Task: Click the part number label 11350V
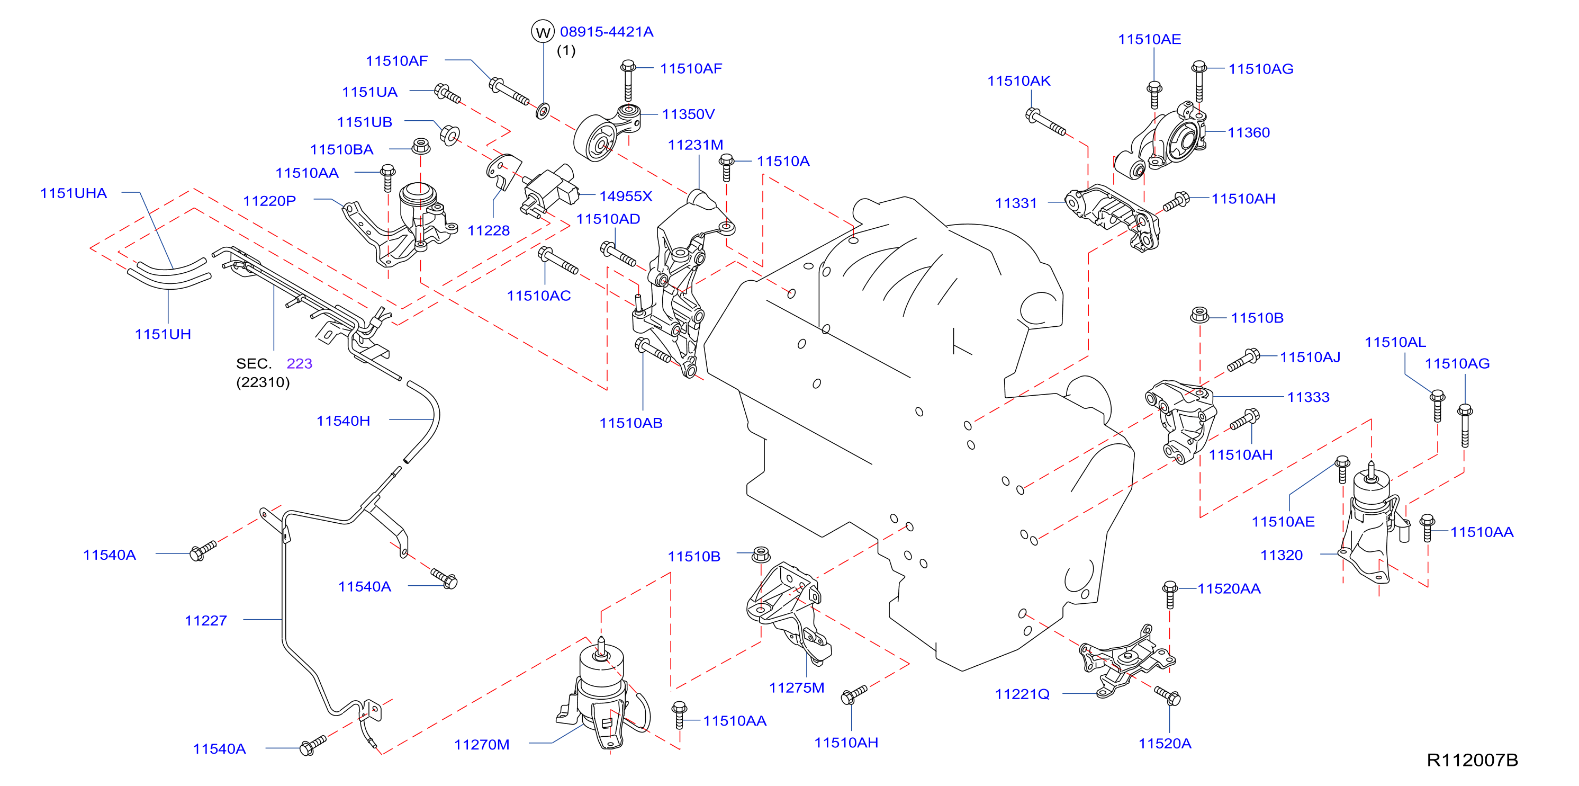click(x=688, y=114)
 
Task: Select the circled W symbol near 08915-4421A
click(x=543, y=32)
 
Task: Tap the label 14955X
click(x=625, y=196)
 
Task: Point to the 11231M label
click(x=695, y=145)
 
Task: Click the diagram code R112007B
click(x=1473, y=760)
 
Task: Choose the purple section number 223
click(x=299, y=363)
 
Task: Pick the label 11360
click(x=1249, y=132)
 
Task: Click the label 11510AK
click(x=1019, y=81)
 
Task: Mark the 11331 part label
click(x=1016, y=203)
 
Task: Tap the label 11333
click(x=1308, y=397)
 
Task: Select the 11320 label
click(x=1281, y=555)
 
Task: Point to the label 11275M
click(x=797, y=688)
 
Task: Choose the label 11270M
click(x=482, y=745)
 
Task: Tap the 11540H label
click(x=343, y=421)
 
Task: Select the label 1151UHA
click(x=74, y=193)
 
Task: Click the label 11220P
click(x=270, y=201)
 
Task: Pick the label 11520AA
click(x=1229, y=588)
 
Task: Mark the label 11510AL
click(x=1395, y=342)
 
